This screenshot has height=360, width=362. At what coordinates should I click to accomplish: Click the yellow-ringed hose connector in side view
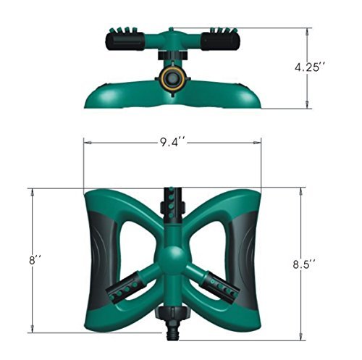point(171,78)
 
